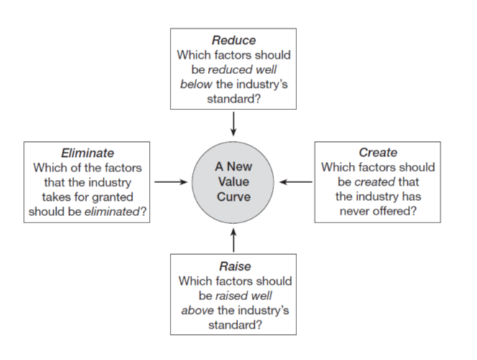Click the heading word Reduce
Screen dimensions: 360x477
coord(233,41)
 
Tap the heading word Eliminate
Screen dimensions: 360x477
coord(88,153)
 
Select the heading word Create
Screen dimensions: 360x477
coord(377,153)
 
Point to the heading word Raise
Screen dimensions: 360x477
coord(233,266)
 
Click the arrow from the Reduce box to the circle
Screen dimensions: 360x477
coord(233,125)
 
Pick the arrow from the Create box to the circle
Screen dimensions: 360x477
coord(296,182)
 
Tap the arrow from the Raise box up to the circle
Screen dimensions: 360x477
coord(233,239)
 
